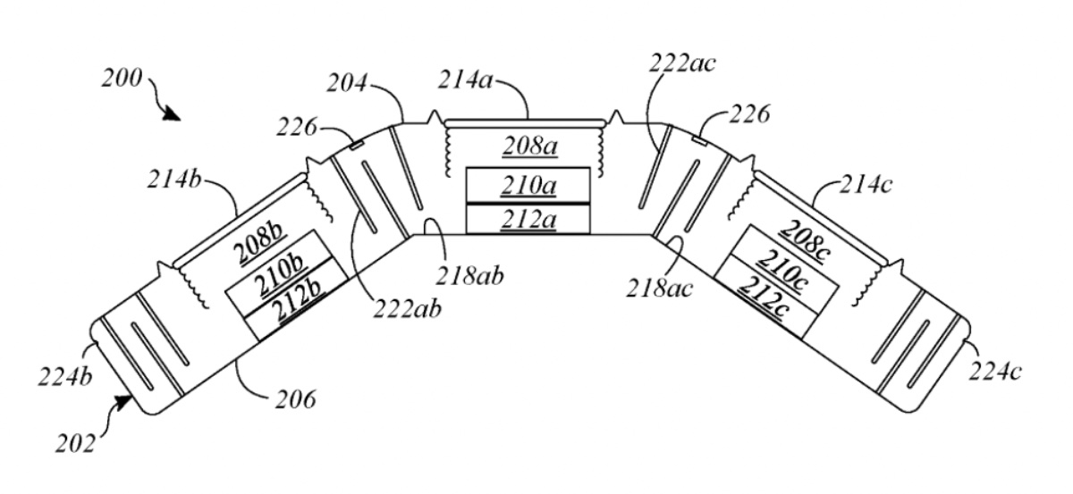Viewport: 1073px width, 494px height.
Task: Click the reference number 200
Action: point(121,80)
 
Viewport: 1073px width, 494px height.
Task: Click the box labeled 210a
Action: point(528,186)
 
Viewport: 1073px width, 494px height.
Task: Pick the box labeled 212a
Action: point(528,219)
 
